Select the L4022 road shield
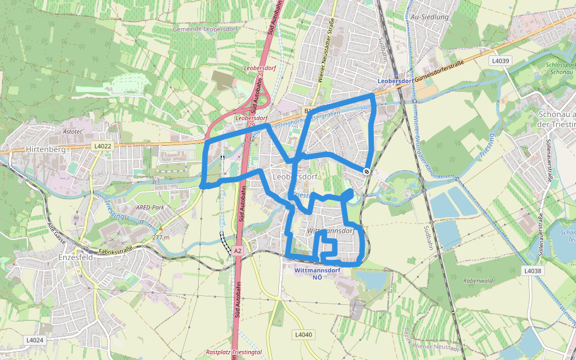click(102, 146)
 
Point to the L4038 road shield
click(532, 271)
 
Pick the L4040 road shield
click(304, 334)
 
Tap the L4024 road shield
click(35, 340)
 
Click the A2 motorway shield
click(238, 251)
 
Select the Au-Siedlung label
click(430, 17)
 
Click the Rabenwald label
click(478, 280)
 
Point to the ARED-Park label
click(150, 208)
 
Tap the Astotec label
click(72, 130)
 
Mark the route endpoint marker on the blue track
click(366, 171)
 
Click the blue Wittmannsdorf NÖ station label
click(317, 273)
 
